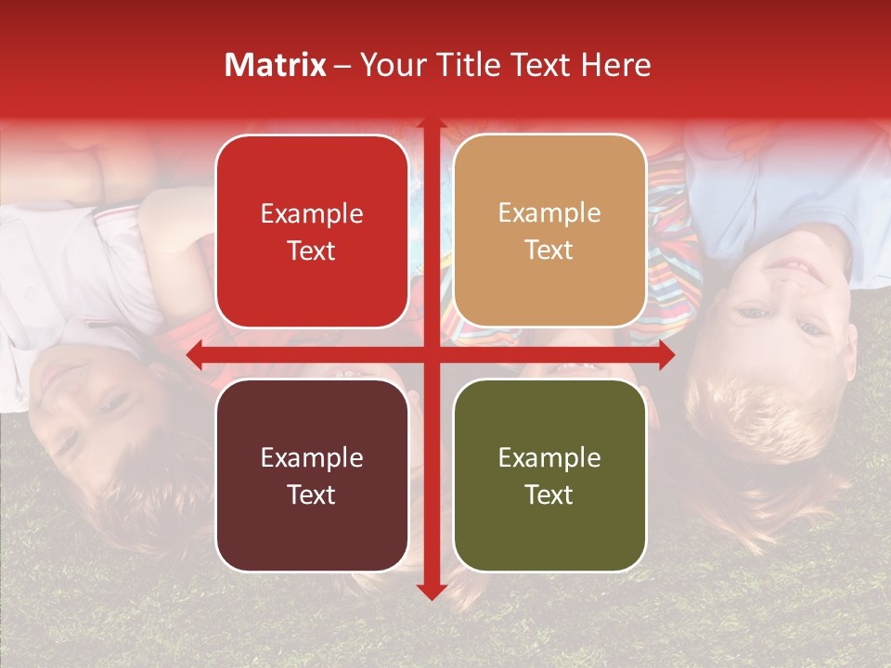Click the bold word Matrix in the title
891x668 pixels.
coord(276,65)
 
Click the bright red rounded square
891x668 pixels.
coord(312,232)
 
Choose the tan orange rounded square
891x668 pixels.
coord(549,232)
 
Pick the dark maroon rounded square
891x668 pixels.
coord(312,475)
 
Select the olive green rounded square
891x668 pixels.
coord(549,475)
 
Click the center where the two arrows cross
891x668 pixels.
coord(431,354)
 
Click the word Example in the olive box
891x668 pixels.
coord(549,457)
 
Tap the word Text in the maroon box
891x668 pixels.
coord(312,495)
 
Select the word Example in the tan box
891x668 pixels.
coord(549,213)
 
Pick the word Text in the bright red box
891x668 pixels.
coord(312,250)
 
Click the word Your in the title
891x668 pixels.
coord(388,65)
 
